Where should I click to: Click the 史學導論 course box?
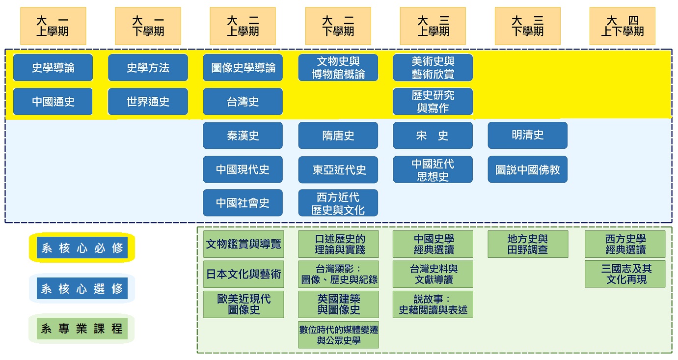tap(53, 68)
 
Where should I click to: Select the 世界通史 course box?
tap(148, 102)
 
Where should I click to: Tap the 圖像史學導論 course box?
tap(243, 68)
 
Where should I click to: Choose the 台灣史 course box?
tap(243, 102)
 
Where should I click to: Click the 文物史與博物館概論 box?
tap(338, 68)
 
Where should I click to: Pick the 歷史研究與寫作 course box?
tap(433, 102)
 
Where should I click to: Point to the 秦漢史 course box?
tap(243, 136)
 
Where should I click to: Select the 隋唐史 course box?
tap(338, 136)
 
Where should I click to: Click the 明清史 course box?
tap(527, 135)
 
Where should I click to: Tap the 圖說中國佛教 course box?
tap(527, 169)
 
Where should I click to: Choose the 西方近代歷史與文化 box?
tap(338, 203)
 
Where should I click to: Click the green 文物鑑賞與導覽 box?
tap(244, 244)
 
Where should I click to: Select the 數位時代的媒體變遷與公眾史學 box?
tap(338, 335)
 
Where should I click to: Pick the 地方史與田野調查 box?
tap(528, 244)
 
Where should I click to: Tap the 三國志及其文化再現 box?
tap(625, 274)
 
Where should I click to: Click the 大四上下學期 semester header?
tap(622, 26)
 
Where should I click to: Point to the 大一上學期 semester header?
tap(53, 26)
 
